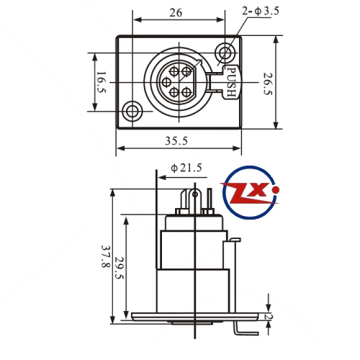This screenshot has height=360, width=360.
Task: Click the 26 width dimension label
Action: click(x=176, y=12)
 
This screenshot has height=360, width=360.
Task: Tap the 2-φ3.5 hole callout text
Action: click(x=261, y=11)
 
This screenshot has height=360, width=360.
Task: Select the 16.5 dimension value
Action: click(x=102, y=82)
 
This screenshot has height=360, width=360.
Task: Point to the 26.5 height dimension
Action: click(x=268, y=84)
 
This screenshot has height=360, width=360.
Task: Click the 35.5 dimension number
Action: click(x=176, y=141)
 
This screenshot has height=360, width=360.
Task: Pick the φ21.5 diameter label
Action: click(x=186, y=168)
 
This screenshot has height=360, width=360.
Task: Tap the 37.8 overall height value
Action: click(x=106, y=256)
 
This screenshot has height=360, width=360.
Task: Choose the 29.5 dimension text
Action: click(x=119, y=268)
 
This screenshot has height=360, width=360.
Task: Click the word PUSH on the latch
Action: click(x=231, y=82)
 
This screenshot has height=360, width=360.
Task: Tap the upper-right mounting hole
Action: click(x=225, y=53)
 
